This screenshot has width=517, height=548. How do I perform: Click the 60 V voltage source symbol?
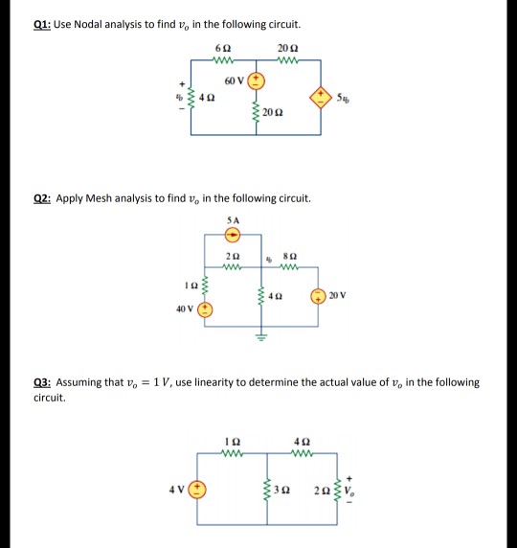(256, 81)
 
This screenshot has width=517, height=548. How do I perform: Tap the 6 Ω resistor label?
(223, 48)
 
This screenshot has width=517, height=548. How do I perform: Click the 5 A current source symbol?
(233, 235)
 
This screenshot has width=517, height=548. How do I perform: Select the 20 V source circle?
(318, 296)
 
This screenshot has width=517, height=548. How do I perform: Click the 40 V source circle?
(205, 310)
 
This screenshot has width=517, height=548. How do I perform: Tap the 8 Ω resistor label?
(290, 256)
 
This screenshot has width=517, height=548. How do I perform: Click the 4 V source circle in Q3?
(197, 490)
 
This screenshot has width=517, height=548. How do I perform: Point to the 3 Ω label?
(281, 491)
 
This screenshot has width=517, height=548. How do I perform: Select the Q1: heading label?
(42, 25)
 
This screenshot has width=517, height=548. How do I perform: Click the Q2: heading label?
(42, 198)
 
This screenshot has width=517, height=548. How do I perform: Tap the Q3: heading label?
(42, 382)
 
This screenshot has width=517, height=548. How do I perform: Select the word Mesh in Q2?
(99, 198)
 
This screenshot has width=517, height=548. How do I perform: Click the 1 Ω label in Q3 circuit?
(233, 442)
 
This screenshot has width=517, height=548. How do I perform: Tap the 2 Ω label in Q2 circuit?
(233, 256)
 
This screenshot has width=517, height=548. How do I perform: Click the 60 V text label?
(234, 81)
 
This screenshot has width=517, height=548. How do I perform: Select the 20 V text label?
(337, 296)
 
